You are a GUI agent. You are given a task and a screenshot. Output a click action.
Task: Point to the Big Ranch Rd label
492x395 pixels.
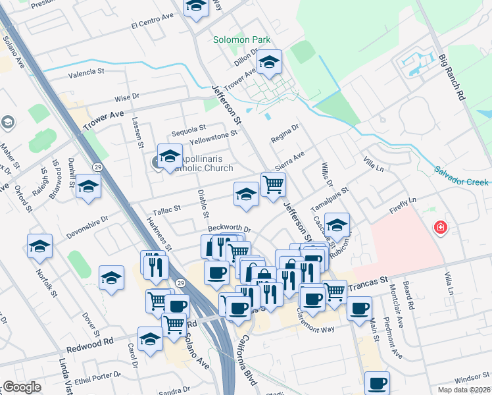click(452, 76)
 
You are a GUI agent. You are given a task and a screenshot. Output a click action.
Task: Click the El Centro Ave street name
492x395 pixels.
click(152, 24)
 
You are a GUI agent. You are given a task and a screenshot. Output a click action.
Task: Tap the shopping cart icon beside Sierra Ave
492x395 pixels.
click(272, 184)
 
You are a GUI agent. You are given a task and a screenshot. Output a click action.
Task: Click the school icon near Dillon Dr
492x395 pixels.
click(268, 62)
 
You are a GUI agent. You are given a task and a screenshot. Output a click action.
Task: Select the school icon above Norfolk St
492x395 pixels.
click(39, 246)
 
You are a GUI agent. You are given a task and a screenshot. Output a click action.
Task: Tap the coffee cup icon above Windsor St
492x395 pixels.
click(377, 383)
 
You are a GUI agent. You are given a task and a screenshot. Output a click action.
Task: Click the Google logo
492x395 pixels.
click(22, 387)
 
